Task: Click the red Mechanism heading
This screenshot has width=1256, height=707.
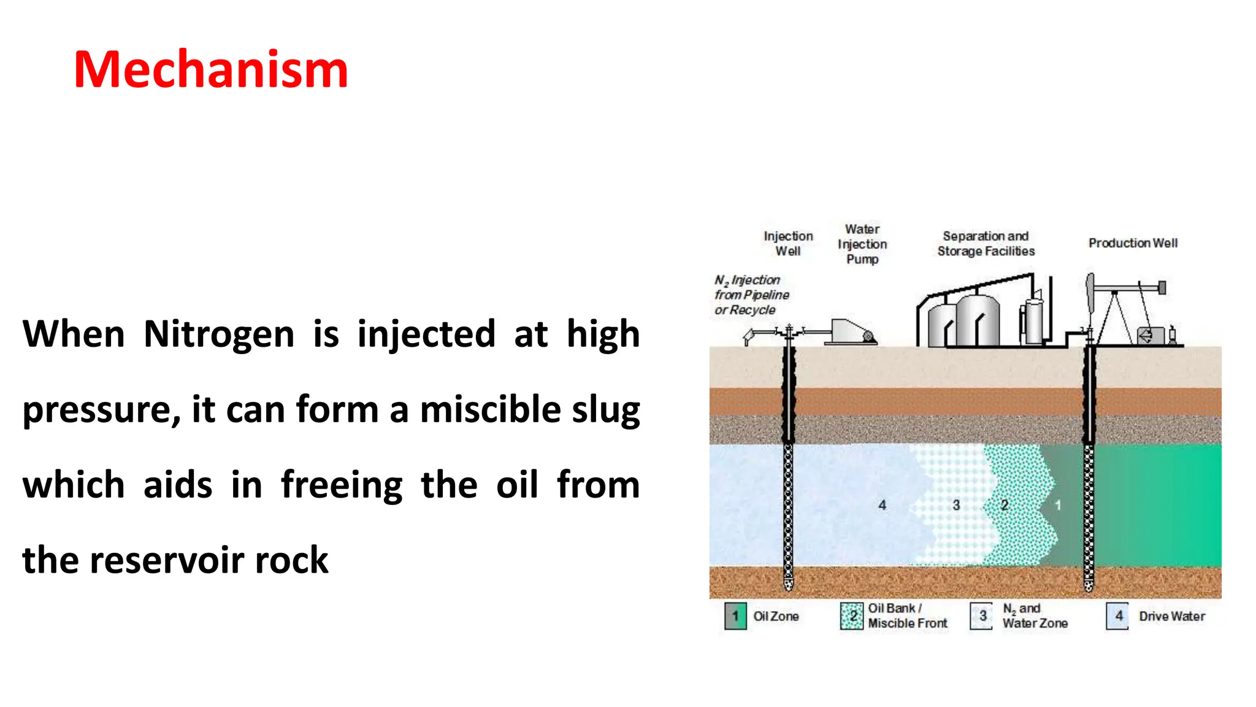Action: (x=210, y=69)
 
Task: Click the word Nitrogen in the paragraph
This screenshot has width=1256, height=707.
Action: (x=219, y=334)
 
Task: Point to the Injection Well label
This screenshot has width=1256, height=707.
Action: (x=788, y=244)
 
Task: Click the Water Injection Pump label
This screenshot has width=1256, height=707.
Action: (x=862, y=244)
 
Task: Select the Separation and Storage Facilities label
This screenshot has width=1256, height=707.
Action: (x=986, y=244)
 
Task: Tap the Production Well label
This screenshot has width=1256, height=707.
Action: (x=1133, y=243)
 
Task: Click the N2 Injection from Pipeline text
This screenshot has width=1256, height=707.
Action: (x=751, y=295)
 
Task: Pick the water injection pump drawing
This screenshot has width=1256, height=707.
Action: (x=851, y=332)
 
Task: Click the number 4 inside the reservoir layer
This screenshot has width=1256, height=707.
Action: (x=882, y=505)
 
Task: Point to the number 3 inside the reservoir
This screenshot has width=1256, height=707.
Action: (x=956, y=505)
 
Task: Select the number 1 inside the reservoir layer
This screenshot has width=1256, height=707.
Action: (x=1058, y=505)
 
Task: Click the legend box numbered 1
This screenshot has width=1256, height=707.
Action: (x=735, y=616)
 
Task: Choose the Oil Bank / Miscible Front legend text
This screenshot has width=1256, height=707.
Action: (x=907, y=616)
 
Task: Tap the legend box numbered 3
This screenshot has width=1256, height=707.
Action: (x=982, y=616)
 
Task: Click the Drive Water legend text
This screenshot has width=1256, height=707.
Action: (x=1171, y=616)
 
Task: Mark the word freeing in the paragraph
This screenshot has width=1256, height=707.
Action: (x=341, y=485)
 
